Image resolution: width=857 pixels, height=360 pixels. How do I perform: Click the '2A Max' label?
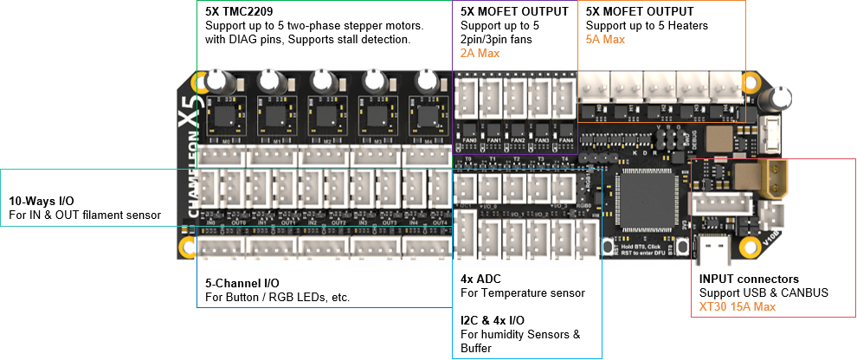tap(480, 54)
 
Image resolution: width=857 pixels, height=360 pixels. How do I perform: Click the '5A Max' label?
tap(605, 40)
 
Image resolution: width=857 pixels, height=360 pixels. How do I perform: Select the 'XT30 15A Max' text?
tap(738, 306)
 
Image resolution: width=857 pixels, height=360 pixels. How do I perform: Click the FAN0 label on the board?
tap(470, 140)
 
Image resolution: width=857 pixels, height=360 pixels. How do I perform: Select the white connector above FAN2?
tap(518, 98)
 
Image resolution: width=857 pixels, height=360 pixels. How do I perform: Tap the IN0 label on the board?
tap(210, 222)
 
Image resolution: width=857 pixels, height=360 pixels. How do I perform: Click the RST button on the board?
tap(684, 247)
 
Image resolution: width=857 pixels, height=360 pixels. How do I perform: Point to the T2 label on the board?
tap(517, 160)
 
